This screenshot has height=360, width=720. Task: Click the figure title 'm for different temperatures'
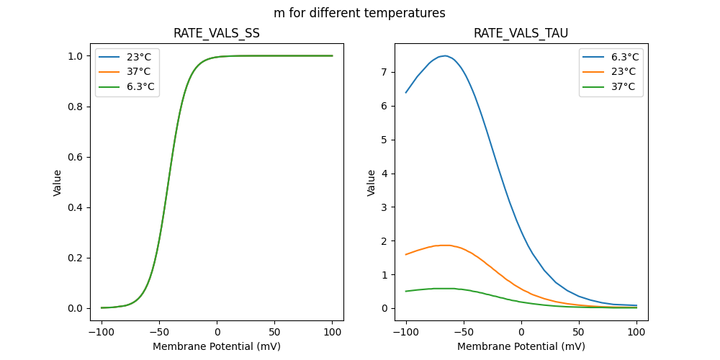359,13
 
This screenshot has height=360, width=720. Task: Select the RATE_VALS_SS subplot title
217,33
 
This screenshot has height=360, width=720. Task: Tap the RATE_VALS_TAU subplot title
521,33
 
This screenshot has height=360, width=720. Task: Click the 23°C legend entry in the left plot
133,57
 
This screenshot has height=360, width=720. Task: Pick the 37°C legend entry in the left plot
133,72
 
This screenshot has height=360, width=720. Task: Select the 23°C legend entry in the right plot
617,72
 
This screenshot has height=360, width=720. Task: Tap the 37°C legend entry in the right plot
617,87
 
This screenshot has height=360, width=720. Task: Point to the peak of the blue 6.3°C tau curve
446,55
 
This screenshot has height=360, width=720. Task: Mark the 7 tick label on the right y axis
385,72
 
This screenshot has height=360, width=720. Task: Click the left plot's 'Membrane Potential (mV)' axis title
217,346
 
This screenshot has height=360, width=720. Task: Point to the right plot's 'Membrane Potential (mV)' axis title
521,346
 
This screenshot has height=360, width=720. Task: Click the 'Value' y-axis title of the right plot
372,182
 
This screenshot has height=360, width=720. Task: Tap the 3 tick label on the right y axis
385,207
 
